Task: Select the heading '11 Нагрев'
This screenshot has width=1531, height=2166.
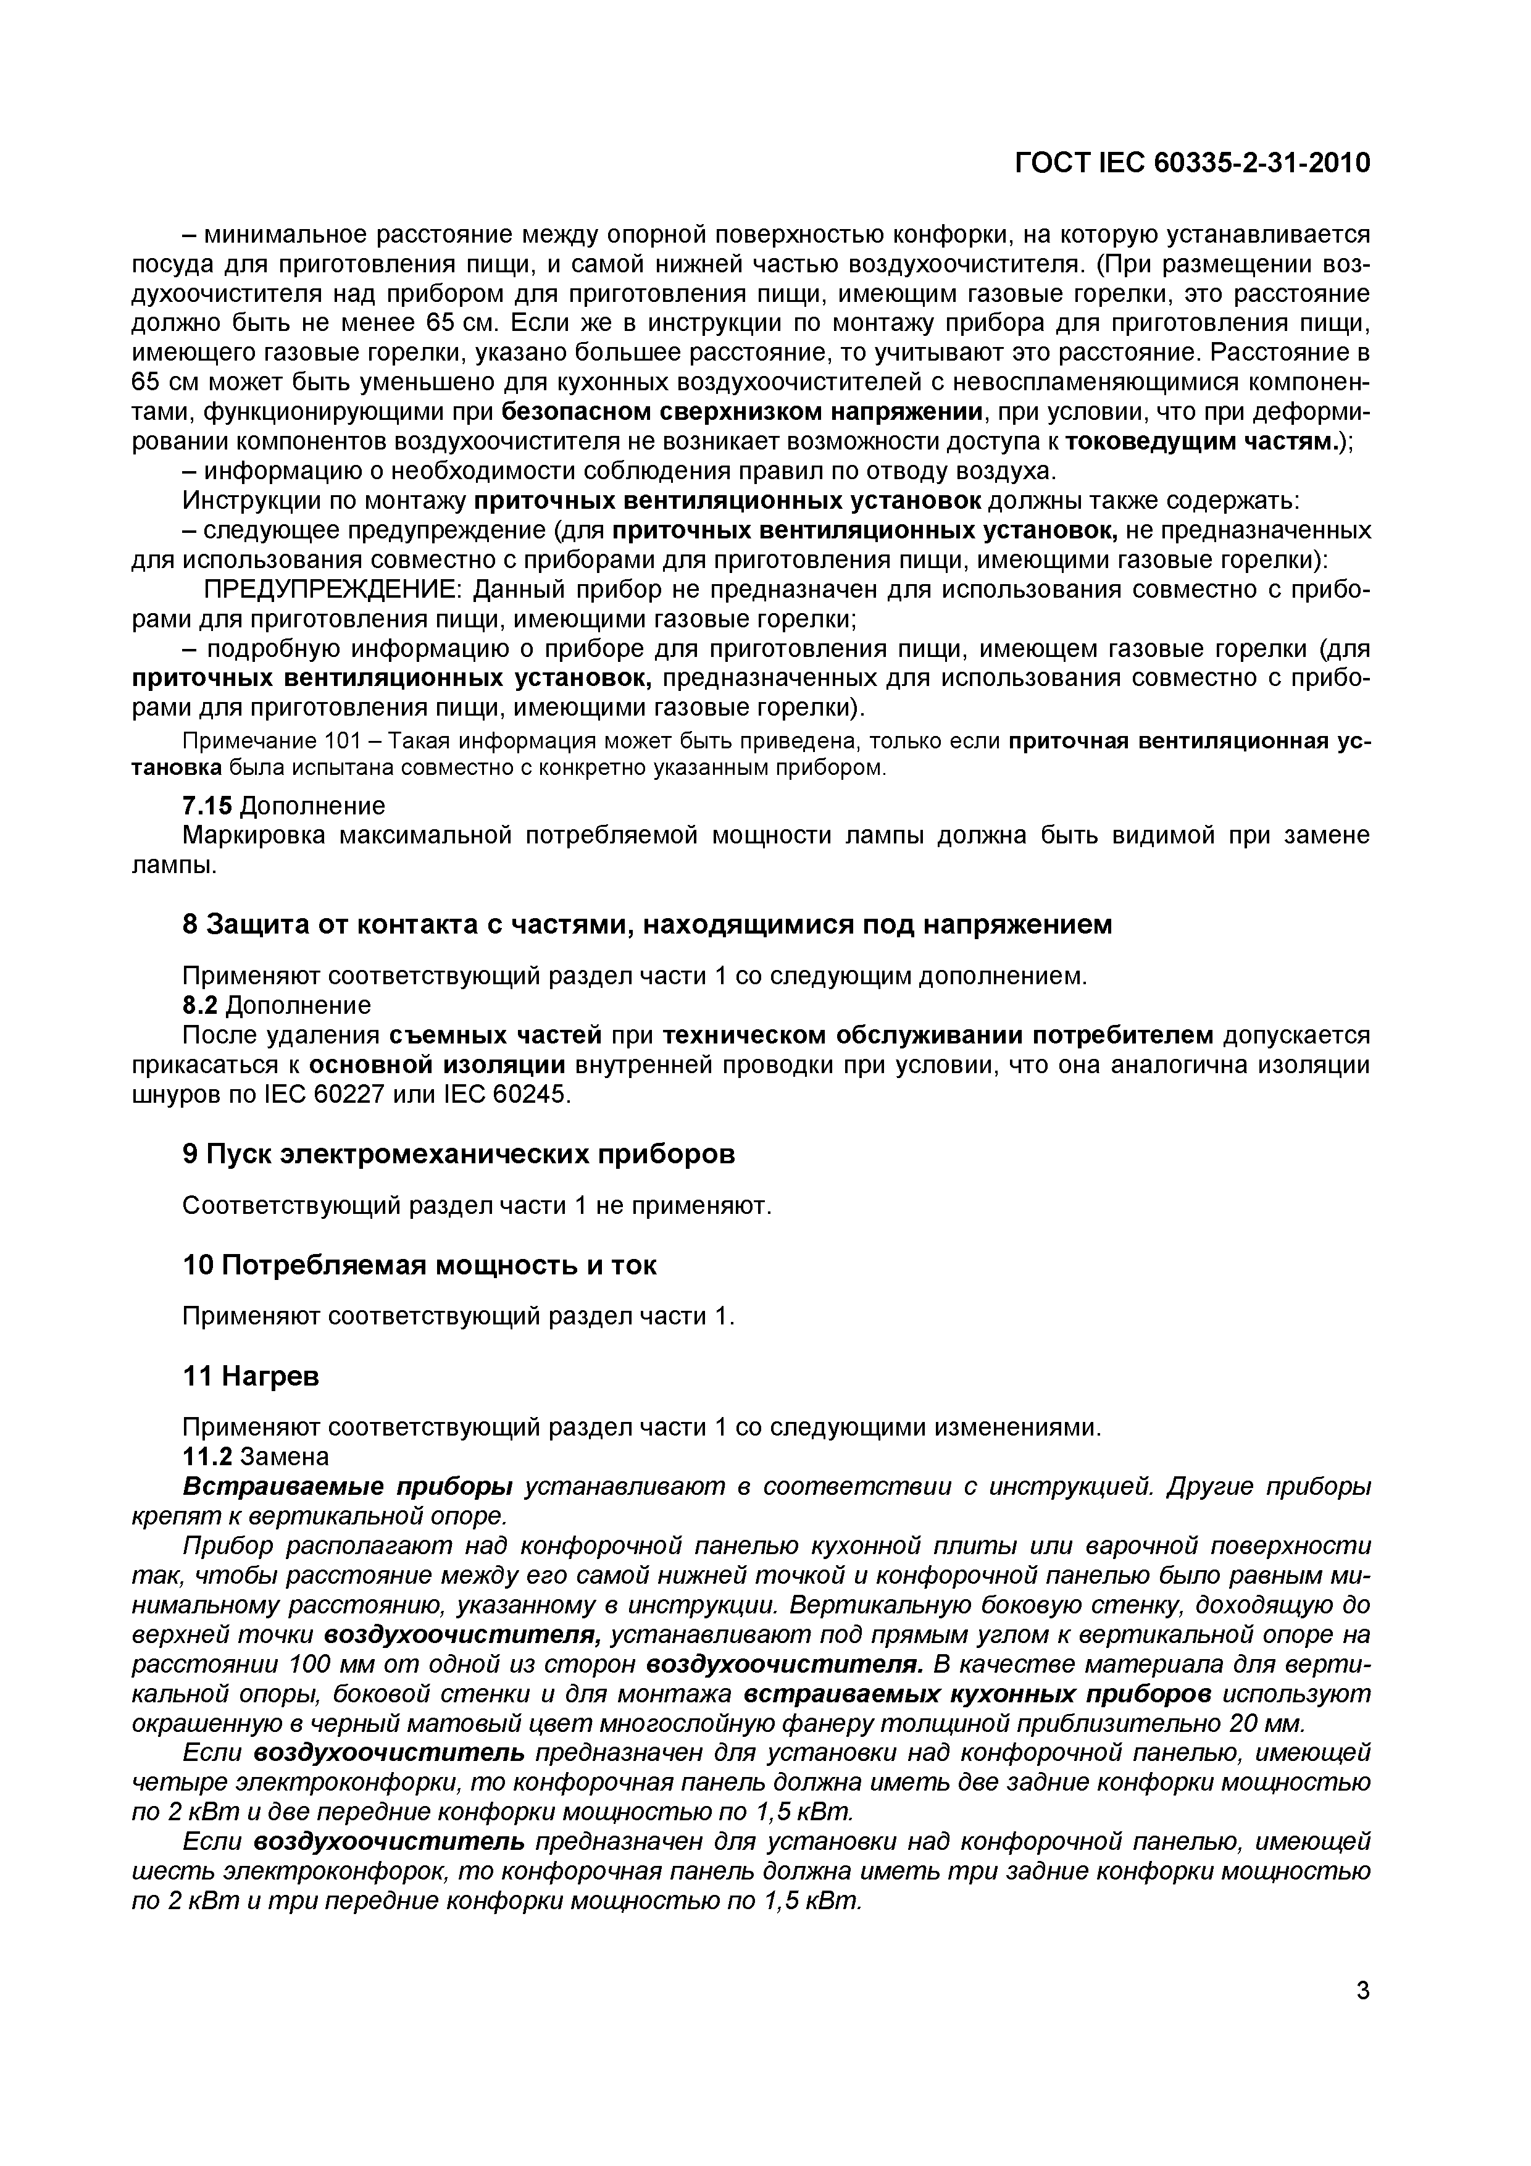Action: coord(250,1376)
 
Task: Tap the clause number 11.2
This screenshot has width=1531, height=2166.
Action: coord(207,1457)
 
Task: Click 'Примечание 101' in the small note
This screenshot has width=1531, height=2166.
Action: coord(244,742)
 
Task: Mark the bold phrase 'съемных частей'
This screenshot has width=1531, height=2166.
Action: coord(495,1035)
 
